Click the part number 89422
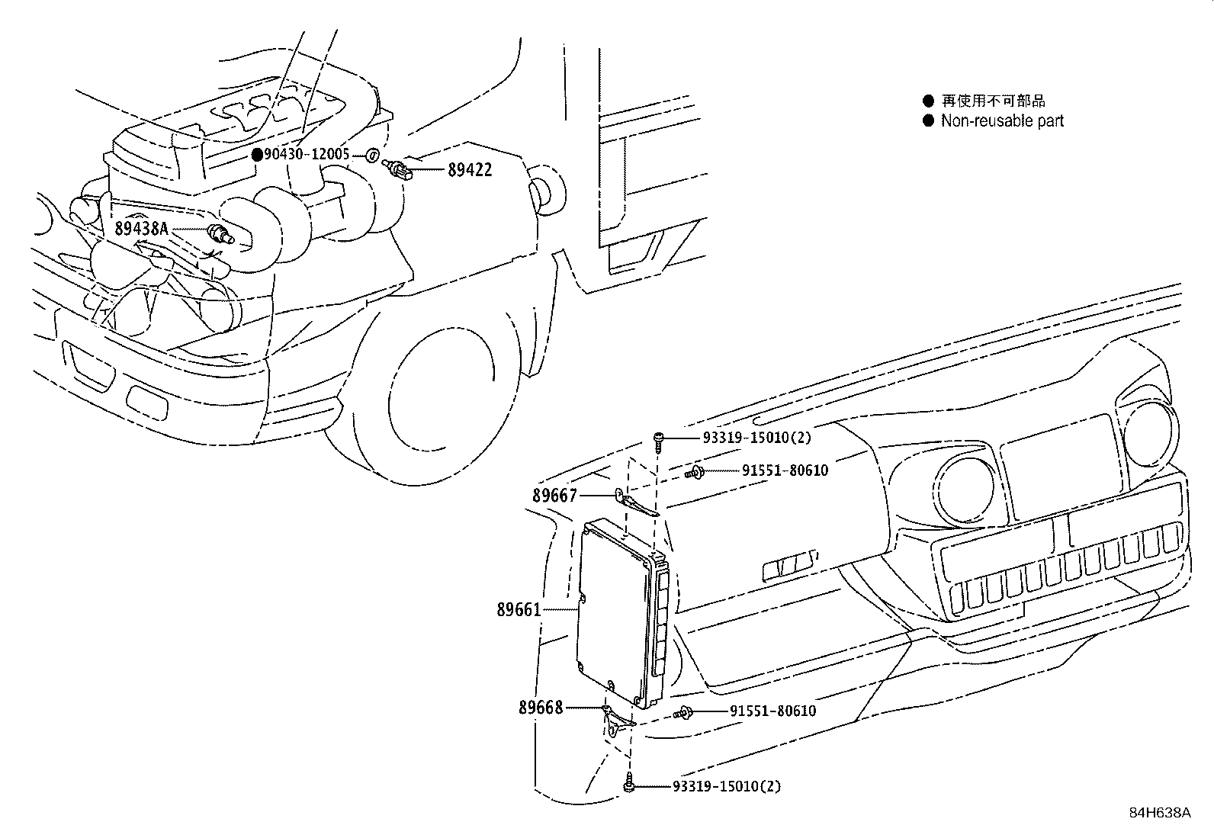pos(469,170)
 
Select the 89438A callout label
pos(140,228)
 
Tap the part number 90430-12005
pos(307,155)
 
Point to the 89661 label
pos(519,609)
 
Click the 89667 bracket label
pos(554,496)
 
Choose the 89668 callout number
pos(541,708)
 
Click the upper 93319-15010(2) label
pos(756,438)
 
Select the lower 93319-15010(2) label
pos(727,786)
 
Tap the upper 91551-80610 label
pos(785,470)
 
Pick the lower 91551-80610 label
pos(772,711)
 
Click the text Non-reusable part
pos(1001,120)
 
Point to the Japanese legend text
pos(993,101)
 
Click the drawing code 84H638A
pos(1160,813)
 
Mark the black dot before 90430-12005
pos(258,155)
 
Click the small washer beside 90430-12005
pos(371,156)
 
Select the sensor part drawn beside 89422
pos(400,169)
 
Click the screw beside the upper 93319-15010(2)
pos(659,439)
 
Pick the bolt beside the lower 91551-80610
pos(683,713)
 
